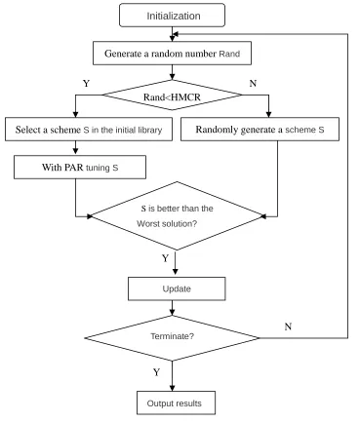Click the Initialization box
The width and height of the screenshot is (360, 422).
pyautogui.click(x=172, y=15)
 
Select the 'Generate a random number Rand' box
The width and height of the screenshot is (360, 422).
pyautogui.click(x=172, y=53)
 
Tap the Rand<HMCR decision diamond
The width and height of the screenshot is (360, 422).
pyautogui.click(x=172, y=96)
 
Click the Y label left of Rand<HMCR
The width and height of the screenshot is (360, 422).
pyautogui.click(x=86, y=84)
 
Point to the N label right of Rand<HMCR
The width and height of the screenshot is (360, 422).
pyautogui.click(x=253, y=84)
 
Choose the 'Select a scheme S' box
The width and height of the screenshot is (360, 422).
pyautogui.click(x=89, y=130)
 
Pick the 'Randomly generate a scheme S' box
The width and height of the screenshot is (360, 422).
pyautogui.click(x=260, y=130)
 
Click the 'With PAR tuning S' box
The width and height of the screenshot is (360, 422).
pyautogui.click(x=80, y=167)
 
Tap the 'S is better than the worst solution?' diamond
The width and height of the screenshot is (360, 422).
pyautogui.click(x=177, y=215)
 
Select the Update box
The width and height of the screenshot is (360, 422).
pyautogui.click(x=177, y=288)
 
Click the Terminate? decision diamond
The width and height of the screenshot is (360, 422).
pyautogui.click(x=172, y=338)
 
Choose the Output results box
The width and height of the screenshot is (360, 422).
pyautogui.click(x=176, y=403)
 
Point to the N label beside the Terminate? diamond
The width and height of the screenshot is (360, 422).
pyautogui.click(x=288, y=326)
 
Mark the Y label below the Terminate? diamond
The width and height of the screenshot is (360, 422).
pyautogui.click(x=156, y=372)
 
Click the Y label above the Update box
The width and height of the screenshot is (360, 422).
pyautogui.click(x=165, y=258)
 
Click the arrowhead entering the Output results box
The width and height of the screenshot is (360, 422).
pyautogui.click(x=172, y=388)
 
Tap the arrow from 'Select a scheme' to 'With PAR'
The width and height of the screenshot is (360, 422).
pyautogui.click(x=76, y=148)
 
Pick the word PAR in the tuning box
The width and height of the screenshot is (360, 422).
pyautogui.click(x=74, y=167)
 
